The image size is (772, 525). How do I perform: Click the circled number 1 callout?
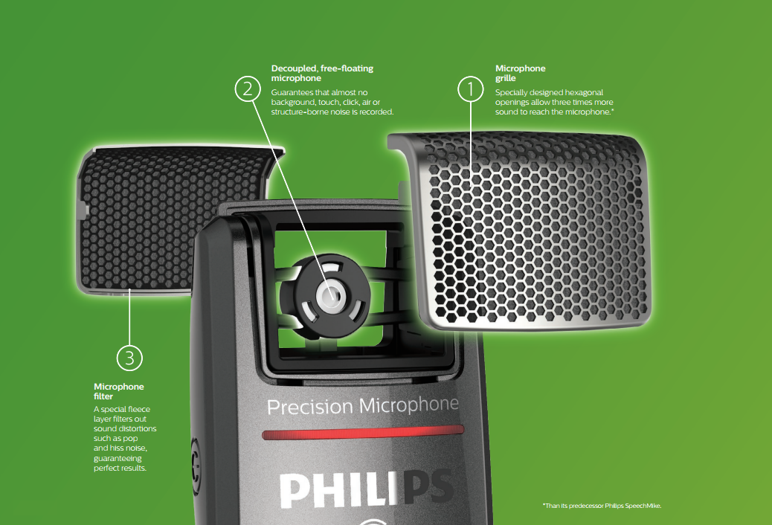coord(470,89)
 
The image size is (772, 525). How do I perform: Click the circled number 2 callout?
coord(248,88)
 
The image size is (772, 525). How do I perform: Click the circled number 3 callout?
coord(129,358)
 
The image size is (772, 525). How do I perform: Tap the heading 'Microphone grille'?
coord(520,73)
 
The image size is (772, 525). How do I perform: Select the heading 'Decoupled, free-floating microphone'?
coord(322,73)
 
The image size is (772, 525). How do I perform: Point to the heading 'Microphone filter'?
coord(119,391)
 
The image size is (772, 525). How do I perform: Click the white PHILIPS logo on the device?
coord(366,489)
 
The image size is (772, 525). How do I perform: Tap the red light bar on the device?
coord(363,432)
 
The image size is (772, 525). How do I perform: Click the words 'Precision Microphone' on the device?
coord(363,406)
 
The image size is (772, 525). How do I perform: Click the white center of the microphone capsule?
coord(330,295)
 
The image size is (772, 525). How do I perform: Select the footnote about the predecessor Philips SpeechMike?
coord(602,506)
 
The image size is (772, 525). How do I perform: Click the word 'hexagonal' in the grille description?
coord(584,92)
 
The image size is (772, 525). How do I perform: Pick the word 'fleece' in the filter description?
coord(139,409)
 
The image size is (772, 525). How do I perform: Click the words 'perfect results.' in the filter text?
coord(120,468)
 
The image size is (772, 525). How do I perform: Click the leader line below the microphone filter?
coord(129,318)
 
